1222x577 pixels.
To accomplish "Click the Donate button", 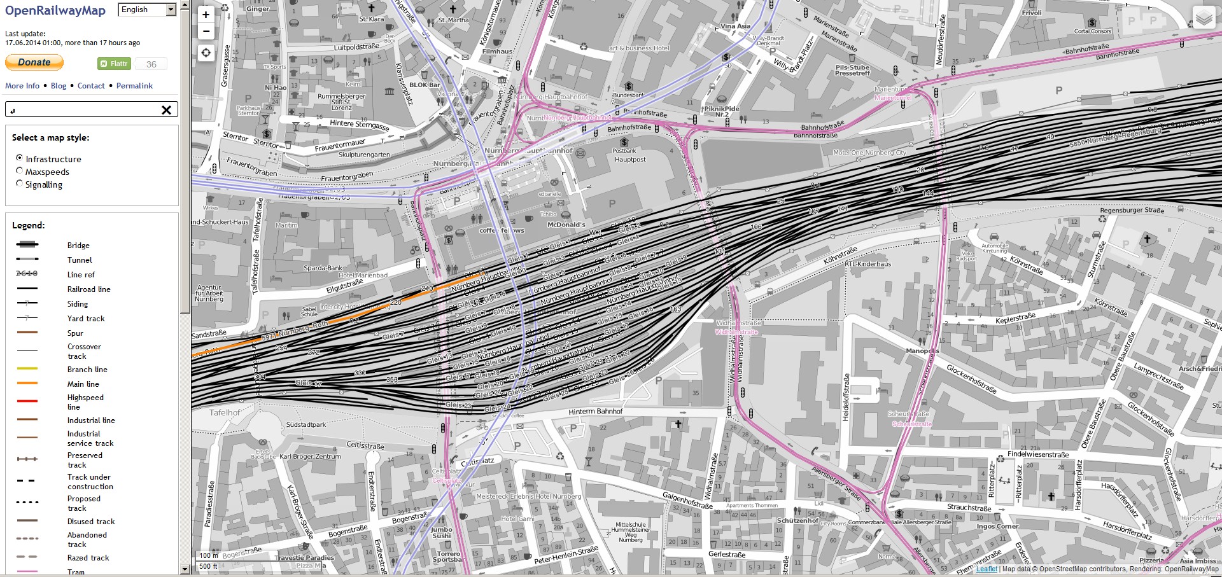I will pos(34,62).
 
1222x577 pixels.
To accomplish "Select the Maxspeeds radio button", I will pos(20,171).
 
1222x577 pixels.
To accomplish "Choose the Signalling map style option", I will pos(20,184).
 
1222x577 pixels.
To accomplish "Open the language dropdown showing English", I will pos(147,10).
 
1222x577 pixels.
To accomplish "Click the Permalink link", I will pos(134,86).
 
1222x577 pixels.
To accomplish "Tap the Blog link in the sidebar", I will pos(59,86).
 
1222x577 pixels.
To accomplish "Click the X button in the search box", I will pos(166,110).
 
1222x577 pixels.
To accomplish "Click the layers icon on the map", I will pos(1204,18).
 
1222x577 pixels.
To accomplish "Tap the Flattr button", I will pos(114,64).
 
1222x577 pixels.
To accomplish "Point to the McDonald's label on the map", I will pos(566,225).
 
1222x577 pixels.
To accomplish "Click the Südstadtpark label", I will pos(305,424).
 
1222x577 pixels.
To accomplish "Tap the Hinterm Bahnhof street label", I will pos(595,412).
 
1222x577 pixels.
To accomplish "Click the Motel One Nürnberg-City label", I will pos(869,153).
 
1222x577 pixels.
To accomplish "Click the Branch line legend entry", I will pos(87,370).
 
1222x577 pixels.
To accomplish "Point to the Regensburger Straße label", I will pos(1132,210).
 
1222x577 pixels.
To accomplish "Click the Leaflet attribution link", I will pos(987,569).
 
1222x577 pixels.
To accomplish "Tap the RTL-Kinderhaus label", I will pos(868,264).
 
